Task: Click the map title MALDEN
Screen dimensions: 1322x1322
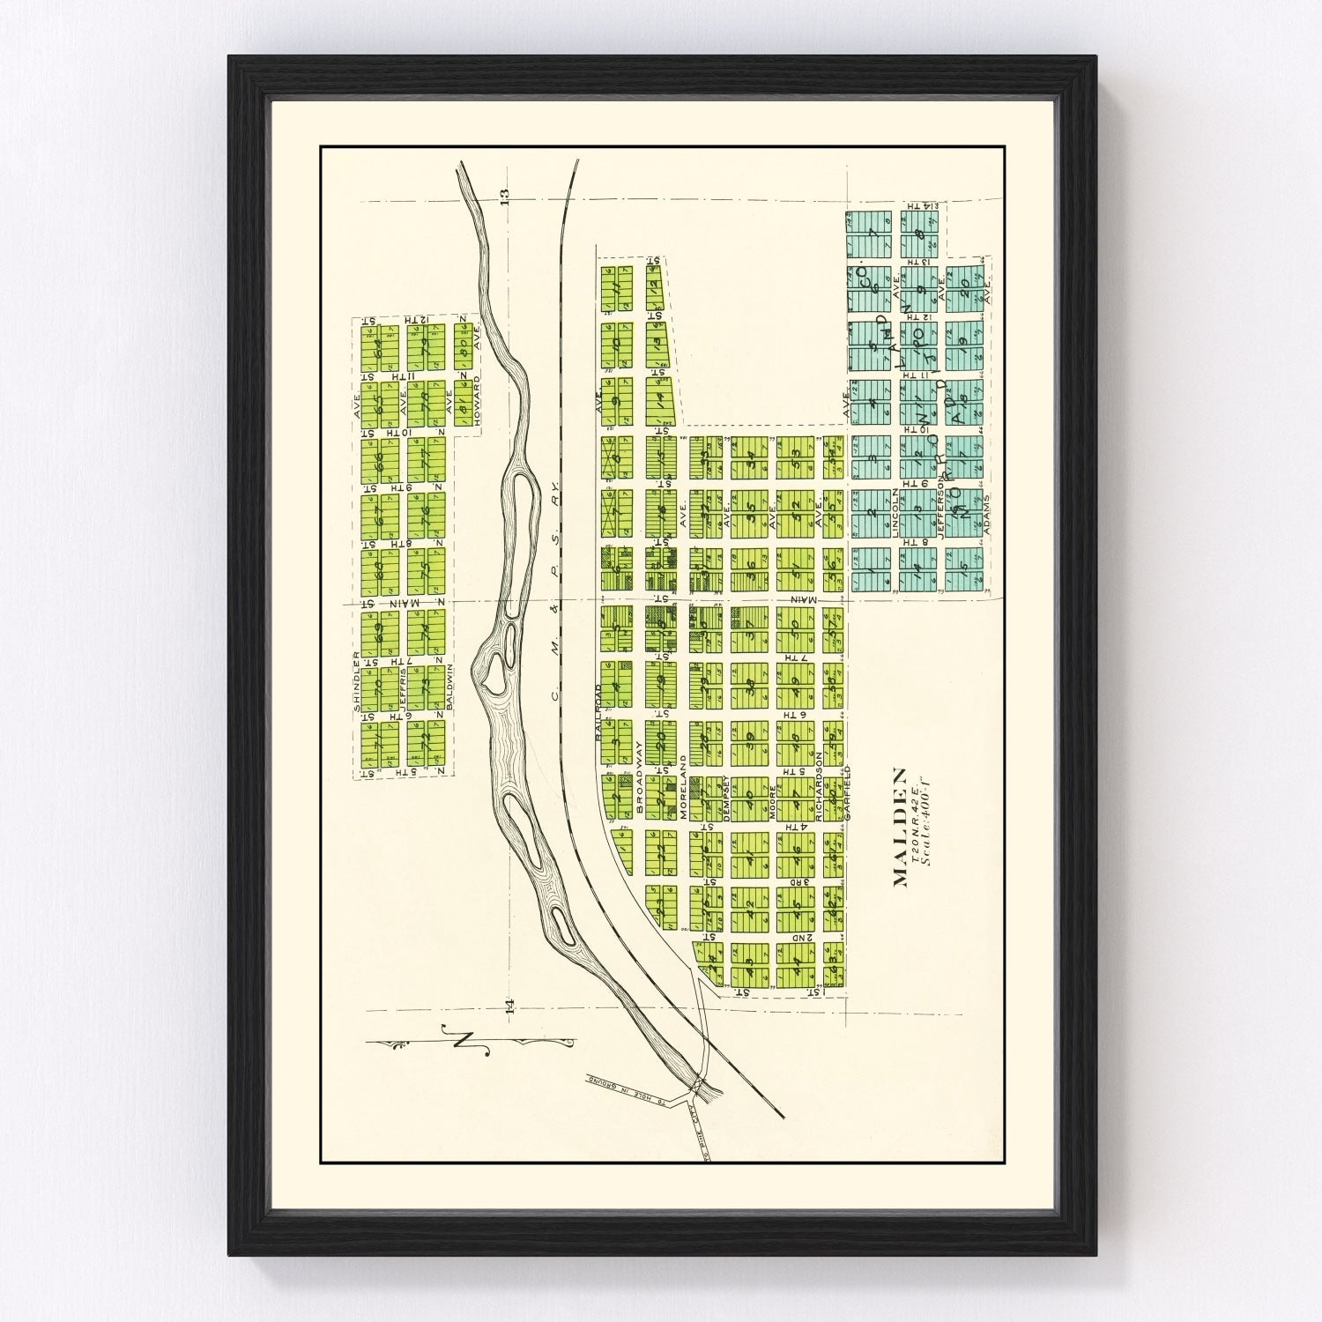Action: click(x=901, y=827)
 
